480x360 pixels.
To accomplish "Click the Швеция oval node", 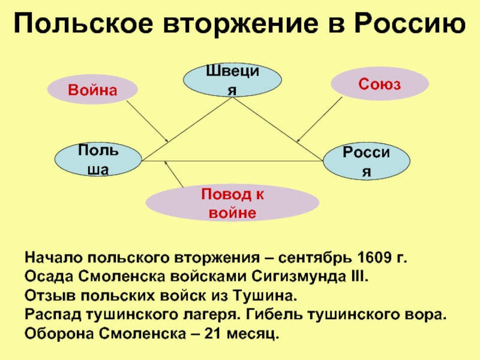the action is point(233,80).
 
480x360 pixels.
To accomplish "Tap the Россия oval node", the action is point(367,161).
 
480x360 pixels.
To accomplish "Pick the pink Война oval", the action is point(92,89).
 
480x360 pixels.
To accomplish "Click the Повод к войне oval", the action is point(232,203).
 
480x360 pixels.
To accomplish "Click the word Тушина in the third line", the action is point(270,296).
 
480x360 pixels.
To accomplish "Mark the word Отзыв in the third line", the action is point(45,296).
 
